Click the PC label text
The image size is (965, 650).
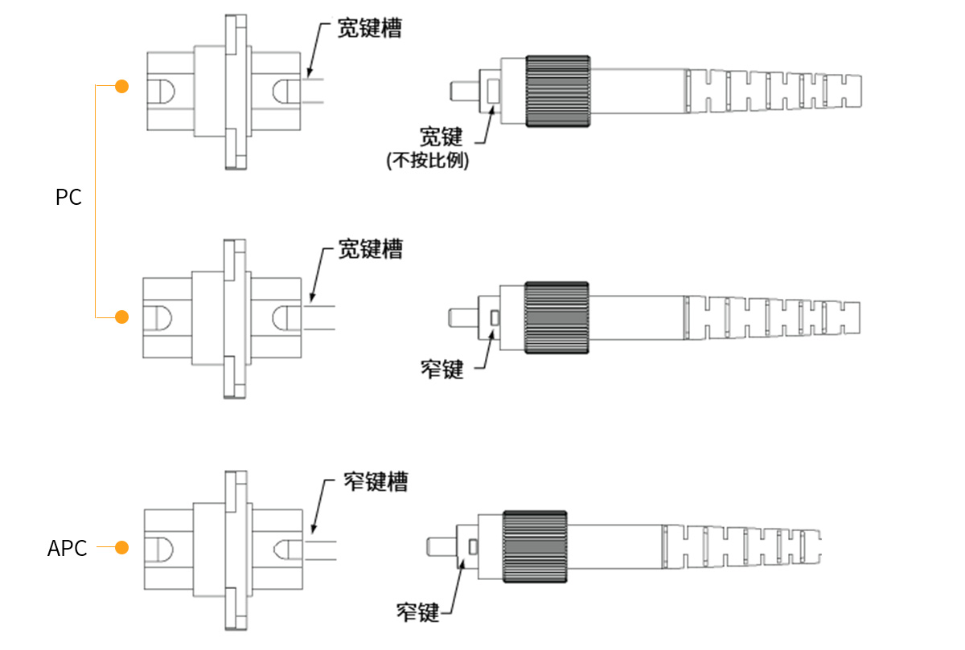(69, 198)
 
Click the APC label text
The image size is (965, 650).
(68, 549)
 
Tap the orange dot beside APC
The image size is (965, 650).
(121, 548)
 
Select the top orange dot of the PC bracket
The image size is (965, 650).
(122, 86)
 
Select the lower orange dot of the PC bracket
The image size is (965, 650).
(122, 317)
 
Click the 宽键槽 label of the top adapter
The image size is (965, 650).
(370, 31)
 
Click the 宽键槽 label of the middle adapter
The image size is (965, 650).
(370, 249)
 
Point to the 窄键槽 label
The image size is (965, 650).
(375, 481)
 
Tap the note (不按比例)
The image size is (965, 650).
(428, 161)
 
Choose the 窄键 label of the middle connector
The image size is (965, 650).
(442, 370)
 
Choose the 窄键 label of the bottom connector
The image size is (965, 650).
(418, 613)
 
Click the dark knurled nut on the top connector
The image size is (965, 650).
(558, 91)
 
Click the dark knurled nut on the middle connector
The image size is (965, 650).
(556, 317)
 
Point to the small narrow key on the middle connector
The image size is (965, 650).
(495, 318)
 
